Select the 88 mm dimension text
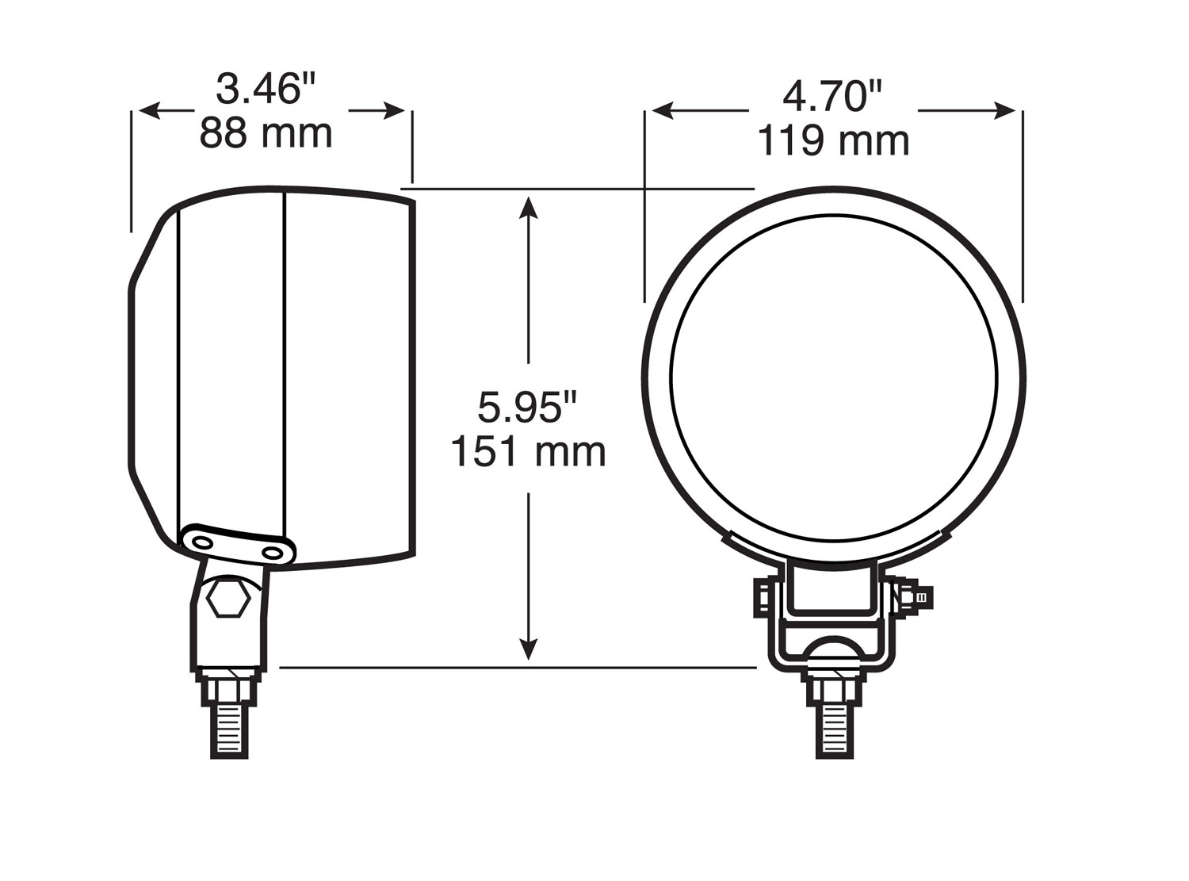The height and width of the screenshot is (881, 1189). pos(266,132)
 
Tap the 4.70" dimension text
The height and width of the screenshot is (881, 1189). pos(832,97)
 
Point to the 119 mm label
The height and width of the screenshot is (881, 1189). pos(832,141)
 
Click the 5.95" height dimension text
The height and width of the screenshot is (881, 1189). pos(527,408)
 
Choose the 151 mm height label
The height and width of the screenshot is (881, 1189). pos(528,452)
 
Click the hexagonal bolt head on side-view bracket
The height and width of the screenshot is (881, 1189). pos(228,599)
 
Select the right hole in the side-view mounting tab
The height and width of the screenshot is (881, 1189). pos(273,550)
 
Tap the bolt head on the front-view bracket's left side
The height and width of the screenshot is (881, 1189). pos(761,596)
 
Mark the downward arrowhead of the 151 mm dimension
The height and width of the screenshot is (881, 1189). pos(529,650)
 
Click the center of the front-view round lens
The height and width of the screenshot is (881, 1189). pos(834,377)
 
